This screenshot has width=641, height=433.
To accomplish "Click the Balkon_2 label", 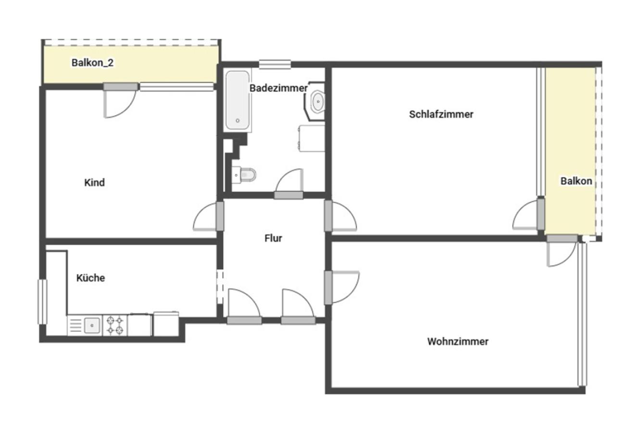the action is [x=92, y=63].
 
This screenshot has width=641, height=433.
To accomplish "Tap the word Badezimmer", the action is [x=278, y=88].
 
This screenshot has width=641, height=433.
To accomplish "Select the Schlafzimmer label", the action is [x=441, y=115].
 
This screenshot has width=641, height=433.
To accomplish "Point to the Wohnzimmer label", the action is [x=458, y=342].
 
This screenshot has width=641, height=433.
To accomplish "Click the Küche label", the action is [x=90, y=278].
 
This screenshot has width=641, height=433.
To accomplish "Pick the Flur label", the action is [x=273, y=238].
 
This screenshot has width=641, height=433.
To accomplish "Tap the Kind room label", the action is [x=94, y=182].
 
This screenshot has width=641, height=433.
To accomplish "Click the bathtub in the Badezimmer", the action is [x=238, y=100].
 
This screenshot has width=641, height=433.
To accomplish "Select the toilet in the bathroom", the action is [x=244, y=174].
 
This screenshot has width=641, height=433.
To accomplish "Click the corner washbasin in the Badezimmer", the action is [x=315, y=101].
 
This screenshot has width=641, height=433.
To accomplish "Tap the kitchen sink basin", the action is [x=92, y=326].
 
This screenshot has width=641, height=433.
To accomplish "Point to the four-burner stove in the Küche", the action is [x=115, y=326].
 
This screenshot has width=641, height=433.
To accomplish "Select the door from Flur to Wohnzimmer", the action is [x=342, y=287].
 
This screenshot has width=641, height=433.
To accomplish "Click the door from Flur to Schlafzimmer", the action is [x=340, y=216].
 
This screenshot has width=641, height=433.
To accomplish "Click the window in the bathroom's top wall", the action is [x=275, y=64].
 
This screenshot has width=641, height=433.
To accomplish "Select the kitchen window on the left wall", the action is [x=42, y=302].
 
